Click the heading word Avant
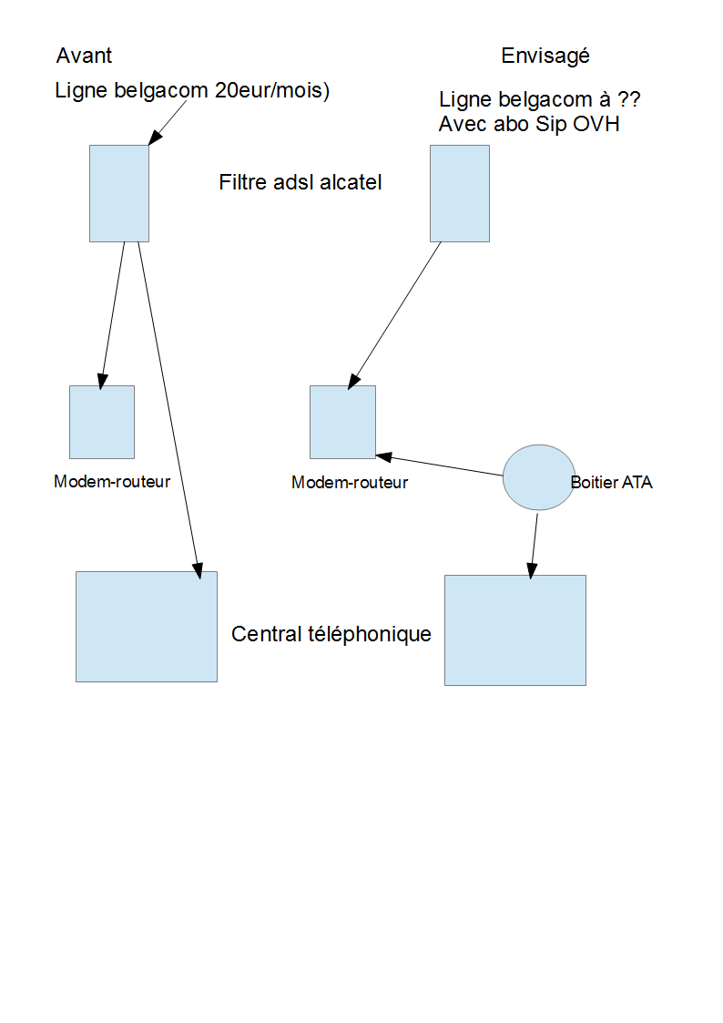pos(84,56)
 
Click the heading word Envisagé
pos(545,56)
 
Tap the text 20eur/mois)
pos(270,91)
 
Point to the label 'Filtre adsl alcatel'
pos(300,182)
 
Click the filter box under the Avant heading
pos(118,193)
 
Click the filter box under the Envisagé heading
pos(459,193)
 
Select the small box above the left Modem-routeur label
pos(102,422)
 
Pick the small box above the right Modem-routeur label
pos(342,422)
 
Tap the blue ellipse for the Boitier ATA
pos(538,477)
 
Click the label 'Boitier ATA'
pos(611,483)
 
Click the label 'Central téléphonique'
pos(331,634)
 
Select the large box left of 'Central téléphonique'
pos(146,627)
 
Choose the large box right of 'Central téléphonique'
pos(514,630)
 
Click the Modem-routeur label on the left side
pos(112,482)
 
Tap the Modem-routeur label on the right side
pos(350,483)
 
